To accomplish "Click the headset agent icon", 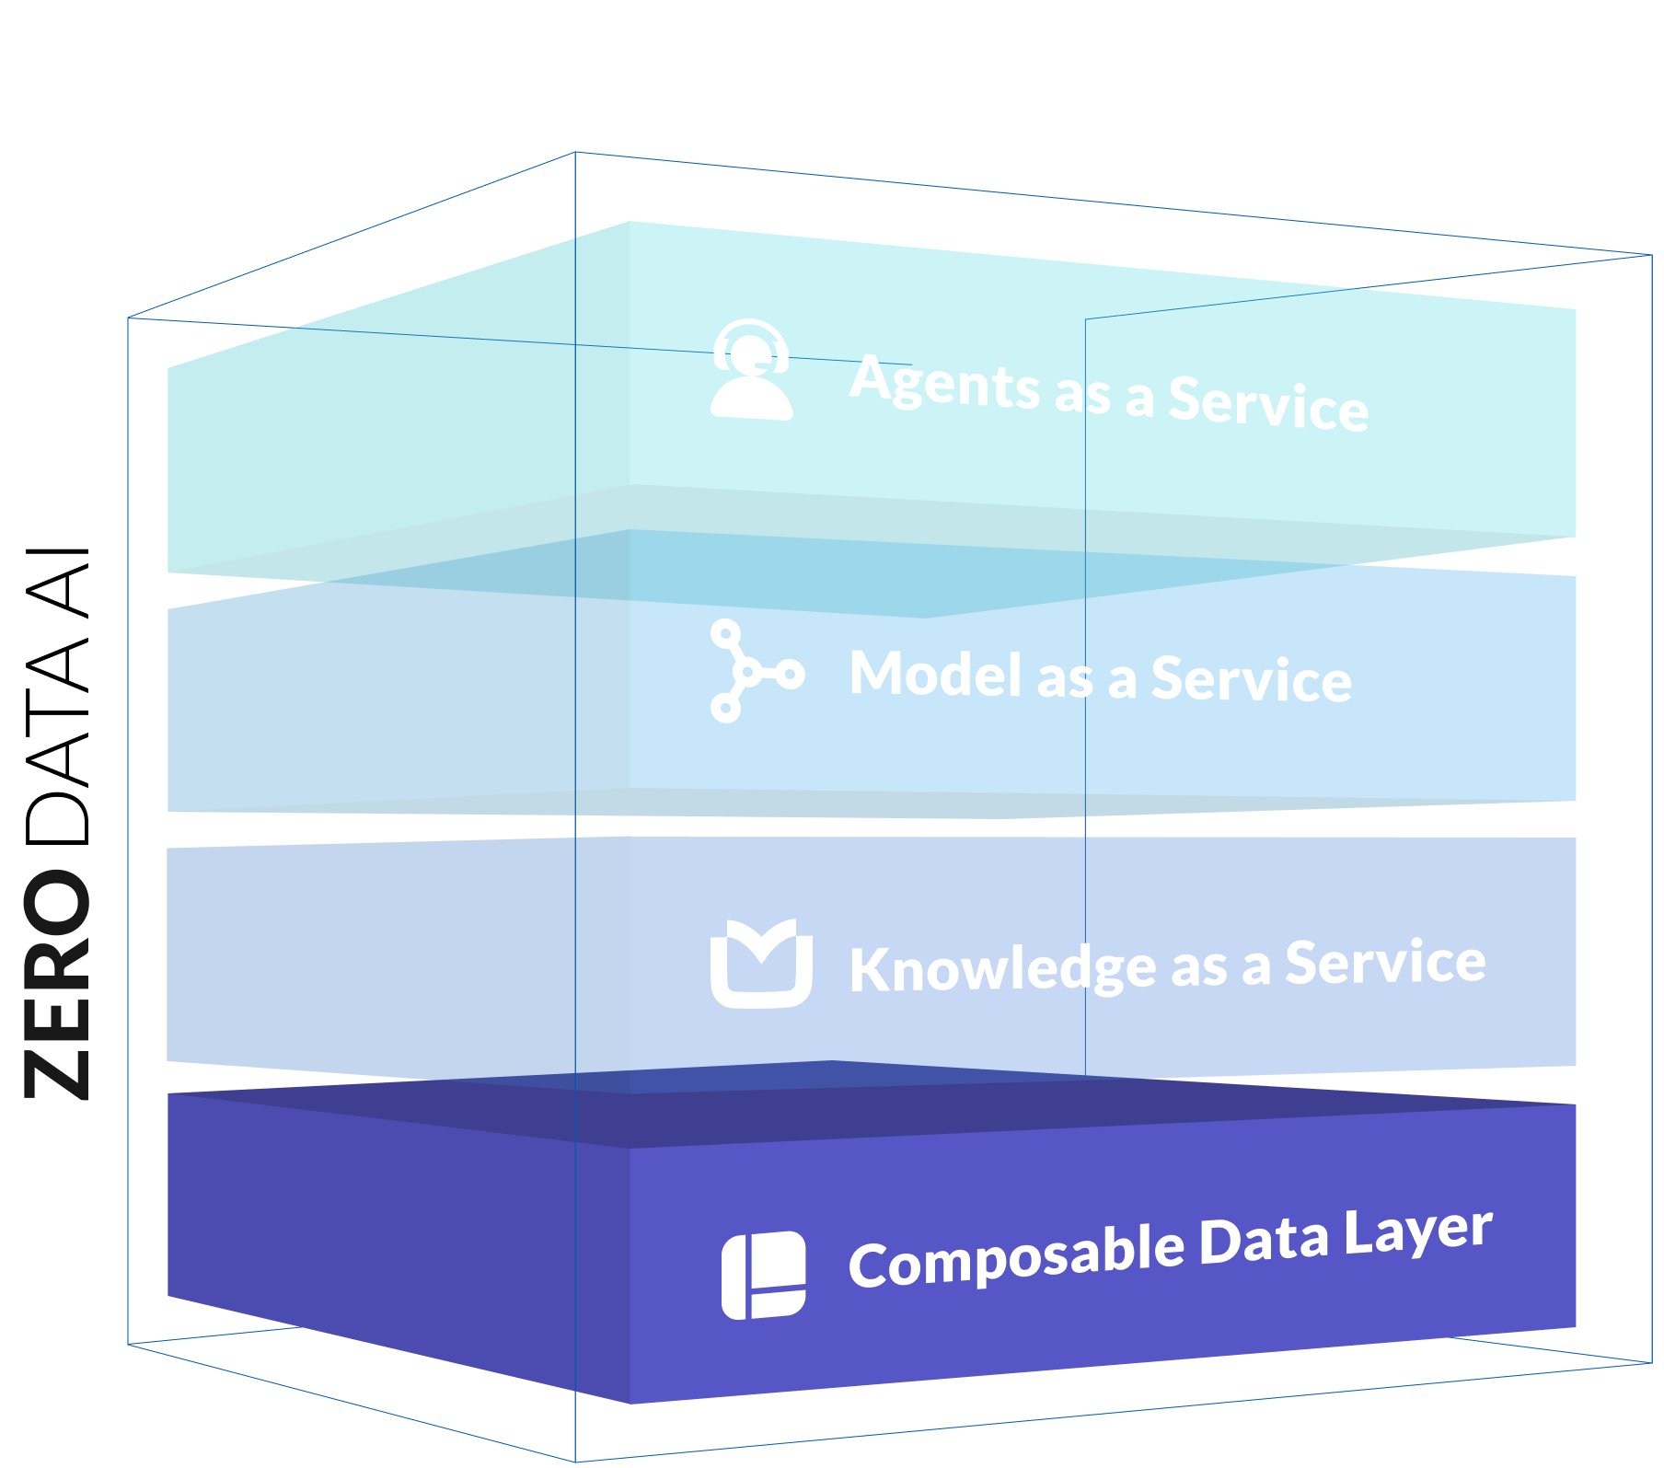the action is pyautogui.click(x=751, y=370).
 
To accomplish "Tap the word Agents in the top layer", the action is pyautogui.click(x=944, y=382).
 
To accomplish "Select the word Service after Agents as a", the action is pyautogui.click(x=1268, y=403).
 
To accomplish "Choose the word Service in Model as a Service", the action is pyautogui.click(x=1252, y=679).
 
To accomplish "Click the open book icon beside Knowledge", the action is pyautogui.click(x=761, y=964).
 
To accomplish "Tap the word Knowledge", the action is pyautogui.click(x=1003, y=969).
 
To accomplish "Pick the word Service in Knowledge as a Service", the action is pyautogui.click(x=1385, y=963).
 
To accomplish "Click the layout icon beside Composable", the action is pyautogui.click(x=763, y=1275).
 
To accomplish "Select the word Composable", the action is pyautogui.click(x=1017, y=1257).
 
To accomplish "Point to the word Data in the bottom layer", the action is pyautogui.click(x=1265, y=1241).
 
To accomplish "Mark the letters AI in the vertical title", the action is pyautogui.click(x=57, y=582).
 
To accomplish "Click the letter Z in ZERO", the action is pyautogui.click(x=57, y=1074).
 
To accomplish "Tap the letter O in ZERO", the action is pyautogui.click(x=57, y=907).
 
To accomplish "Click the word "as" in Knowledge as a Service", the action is pyautogui.click(x=1199, y=969).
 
